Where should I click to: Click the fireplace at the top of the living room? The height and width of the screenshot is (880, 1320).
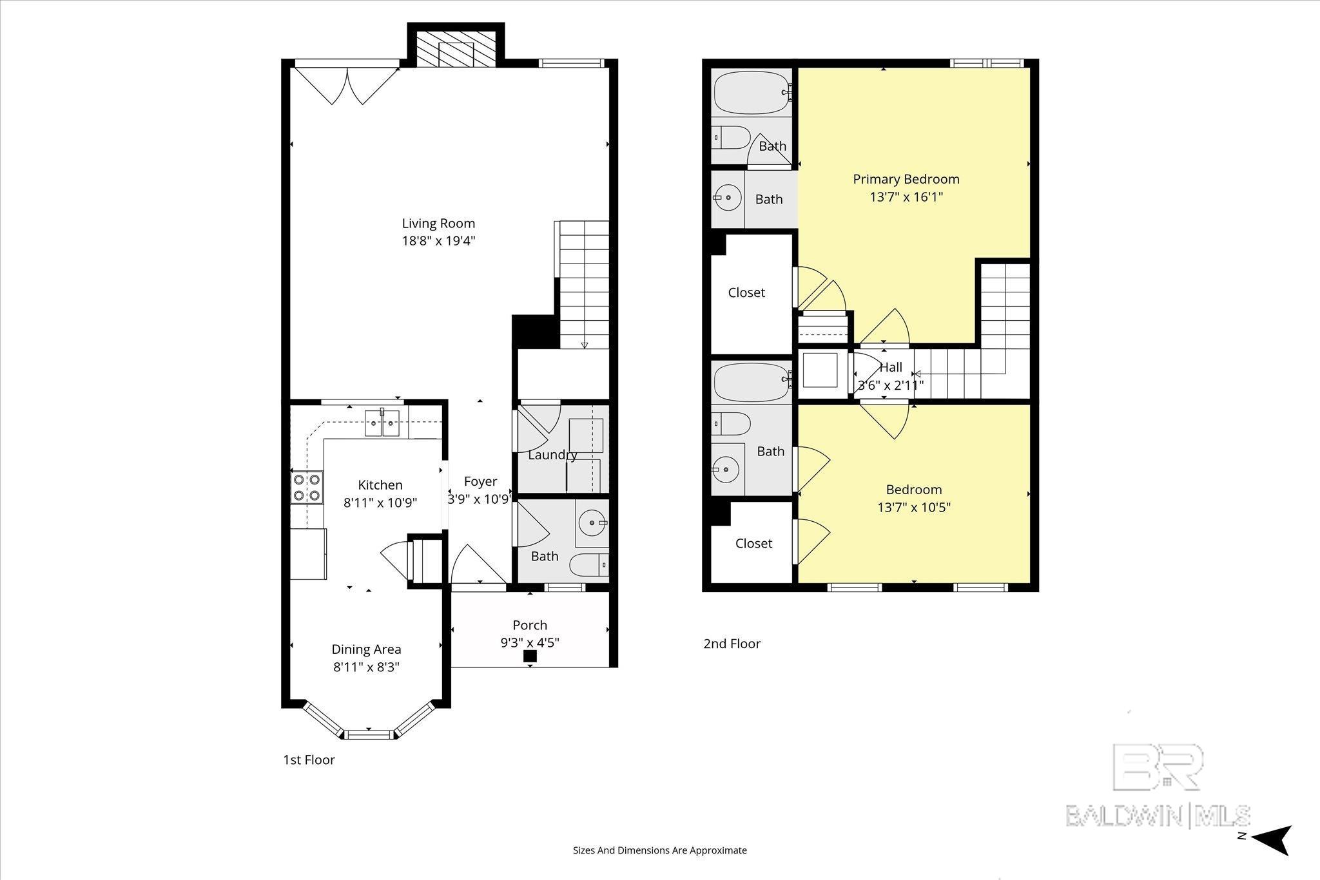tap(456, 48)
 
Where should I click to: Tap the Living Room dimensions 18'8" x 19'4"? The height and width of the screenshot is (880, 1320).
tap(438, 241)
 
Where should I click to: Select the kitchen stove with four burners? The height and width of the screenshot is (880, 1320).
tap(307, 487)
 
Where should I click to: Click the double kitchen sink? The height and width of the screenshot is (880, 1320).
tap(382, 423)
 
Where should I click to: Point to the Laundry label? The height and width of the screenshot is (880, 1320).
tap(552, 455)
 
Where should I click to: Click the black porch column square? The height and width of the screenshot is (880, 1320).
tap(530, 656)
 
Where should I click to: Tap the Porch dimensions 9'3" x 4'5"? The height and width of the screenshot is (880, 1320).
tap(530, 642)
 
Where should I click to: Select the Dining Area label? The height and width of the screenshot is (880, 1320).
tap(366, 649)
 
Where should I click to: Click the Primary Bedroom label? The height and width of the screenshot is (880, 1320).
tap(906, 179)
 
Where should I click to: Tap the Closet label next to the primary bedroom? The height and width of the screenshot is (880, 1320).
tap(746, 292)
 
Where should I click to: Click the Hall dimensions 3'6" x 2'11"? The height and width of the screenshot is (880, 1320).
tap(891, 386)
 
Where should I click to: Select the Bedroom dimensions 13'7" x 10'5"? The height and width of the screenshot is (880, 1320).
tap(914, 507)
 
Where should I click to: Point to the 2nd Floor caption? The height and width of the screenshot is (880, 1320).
tap(732, 644)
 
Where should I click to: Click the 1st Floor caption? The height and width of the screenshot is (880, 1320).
tap(309, 760)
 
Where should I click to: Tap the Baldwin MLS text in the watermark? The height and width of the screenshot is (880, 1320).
tap(1158, 815)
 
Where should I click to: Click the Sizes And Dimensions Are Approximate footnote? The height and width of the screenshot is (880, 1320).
tap(659, 850)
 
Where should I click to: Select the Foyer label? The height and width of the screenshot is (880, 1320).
tap(480, 481)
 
